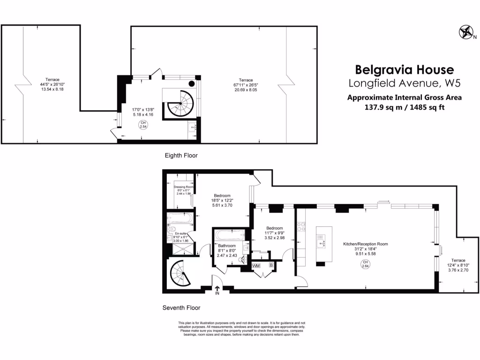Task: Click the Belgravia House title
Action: (x=404, y=70)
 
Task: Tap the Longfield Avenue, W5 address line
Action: (x=404, y=84)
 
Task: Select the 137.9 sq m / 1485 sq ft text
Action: (x=404, y=106)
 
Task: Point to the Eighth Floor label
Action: (x=181, y=155)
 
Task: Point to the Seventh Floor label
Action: (x=181, y=308)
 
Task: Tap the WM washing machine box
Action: (x=256, y=266)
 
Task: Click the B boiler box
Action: (x=270, y=266)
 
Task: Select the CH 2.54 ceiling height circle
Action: (x=143, y=125)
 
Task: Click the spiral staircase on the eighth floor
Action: (x=180, y=103)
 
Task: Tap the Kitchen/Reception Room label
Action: (x=366, y=244)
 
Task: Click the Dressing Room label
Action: (x=183, y=187)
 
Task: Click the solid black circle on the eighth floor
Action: (x=192, y=84)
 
